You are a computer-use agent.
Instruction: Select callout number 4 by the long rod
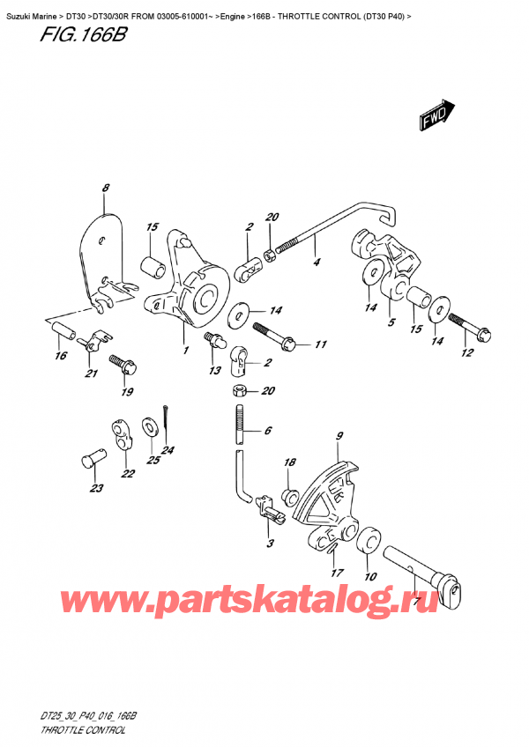(316, 262)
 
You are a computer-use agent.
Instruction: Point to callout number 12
(467, 353)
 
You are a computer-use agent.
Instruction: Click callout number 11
(320, 344)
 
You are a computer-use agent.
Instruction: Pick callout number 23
(95, 489)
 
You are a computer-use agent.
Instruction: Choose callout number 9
(339, 436)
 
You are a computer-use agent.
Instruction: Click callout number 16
(59, 356)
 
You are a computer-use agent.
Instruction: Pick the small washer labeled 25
(152, 428)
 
